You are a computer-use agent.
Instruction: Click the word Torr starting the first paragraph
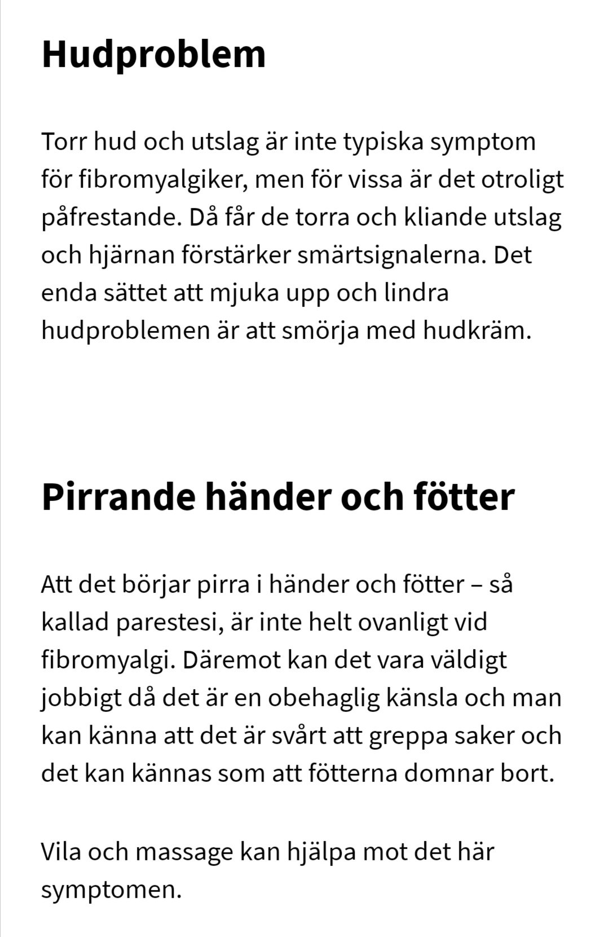pyautogui.click(x=63, y=142)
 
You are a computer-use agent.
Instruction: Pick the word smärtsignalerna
pyautogui.click(x=391, y=255)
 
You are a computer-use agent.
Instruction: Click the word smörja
pyautogui.click(x=321, y=330)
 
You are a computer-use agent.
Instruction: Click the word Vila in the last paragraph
pyautogui.click(x=60, y=851)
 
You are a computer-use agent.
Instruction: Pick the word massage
pyautogui.click(x=184, y=852)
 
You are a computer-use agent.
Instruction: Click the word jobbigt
pyautogui.click(x=81, y=698)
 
